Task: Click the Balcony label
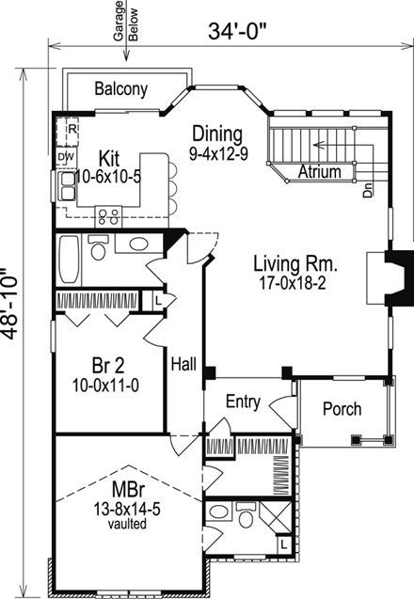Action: [120, 89]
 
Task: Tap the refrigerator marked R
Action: [68, 132]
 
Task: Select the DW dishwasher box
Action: [66, 157]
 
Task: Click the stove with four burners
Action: [108, 216]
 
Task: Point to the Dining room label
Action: [217, 134]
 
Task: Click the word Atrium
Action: [319, 171]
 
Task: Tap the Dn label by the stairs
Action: [367, 190]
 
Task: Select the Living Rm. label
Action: [295, 264]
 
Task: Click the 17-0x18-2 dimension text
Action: [293, 283]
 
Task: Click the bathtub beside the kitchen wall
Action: [70, 259]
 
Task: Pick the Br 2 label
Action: [108, 366]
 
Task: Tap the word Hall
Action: [183, 364]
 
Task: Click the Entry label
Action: [243, 402]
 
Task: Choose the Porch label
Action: [342, 409]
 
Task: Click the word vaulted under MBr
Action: [127, 524]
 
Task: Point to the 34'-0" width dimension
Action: [237, 31]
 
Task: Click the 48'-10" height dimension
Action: [9, 304]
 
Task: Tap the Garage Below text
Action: [126, 21]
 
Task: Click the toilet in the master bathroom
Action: [245, 515]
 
